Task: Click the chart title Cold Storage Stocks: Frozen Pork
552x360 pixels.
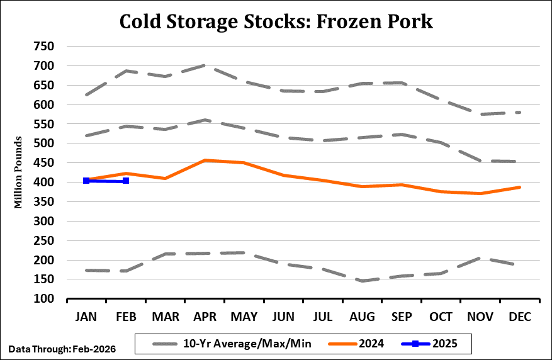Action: point(276,21)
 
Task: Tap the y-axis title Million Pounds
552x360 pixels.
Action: point(20,171)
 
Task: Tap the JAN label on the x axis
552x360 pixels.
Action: point(86,317)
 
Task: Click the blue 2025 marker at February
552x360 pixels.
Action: point(127,181)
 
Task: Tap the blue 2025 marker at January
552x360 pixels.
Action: point(86,181)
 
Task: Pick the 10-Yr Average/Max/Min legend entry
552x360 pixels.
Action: point(235,344)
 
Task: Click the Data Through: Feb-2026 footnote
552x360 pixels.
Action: point(62,347)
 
